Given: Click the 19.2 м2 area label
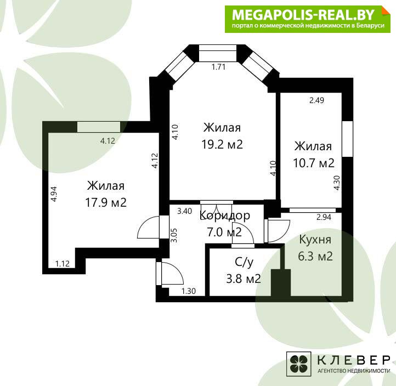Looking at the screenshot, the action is pos(222,145).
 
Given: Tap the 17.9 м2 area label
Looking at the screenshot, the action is pos(106,202).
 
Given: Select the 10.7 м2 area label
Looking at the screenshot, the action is pos(314,163).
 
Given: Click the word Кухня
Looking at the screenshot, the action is pos(315,240).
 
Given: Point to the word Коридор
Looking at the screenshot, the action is pos(225,215).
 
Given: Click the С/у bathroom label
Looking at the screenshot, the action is pos(244,263).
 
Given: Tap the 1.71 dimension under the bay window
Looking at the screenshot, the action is pos(218,67).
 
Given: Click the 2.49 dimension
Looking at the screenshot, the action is pos(316,100).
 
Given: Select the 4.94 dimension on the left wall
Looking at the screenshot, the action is pos(54,194).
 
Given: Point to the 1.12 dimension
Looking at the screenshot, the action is pos(63,264).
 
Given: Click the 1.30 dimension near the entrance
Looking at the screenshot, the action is pos(189,291).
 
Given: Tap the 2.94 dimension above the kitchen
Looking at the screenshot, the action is pos(324,217).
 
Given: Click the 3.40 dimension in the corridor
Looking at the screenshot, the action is pos(185,211).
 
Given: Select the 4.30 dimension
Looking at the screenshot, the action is pos(337,183).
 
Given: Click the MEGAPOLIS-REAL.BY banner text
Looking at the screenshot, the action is pos(303,15).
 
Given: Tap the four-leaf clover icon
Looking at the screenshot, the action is pos(299,364).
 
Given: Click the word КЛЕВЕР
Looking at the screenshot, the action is pos(354,360).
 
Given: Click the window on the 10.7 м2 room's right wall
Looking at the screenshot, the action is pos(347,139).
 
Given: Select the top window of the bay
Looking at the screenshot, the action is pos(218,53).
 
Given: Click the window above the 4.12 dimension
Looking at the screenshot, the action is pos(99,127).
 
